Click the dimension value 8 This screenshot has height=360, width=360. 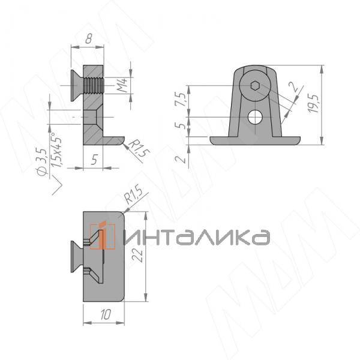point(88,38)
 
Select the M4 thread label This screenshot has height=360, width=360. point(122,85)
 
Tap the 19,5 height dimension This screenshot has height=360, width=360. point(314,104)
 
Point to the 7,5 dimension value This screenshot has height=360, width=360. point(180,99)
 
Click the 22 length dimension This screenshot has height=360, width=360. point(139,256)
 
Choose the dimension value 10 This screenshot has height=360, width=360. point(106,314)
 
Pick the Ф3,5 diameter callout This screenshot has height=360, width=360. point(42,162)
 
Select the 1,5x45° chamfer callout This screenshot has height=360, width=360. point(56,149)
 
